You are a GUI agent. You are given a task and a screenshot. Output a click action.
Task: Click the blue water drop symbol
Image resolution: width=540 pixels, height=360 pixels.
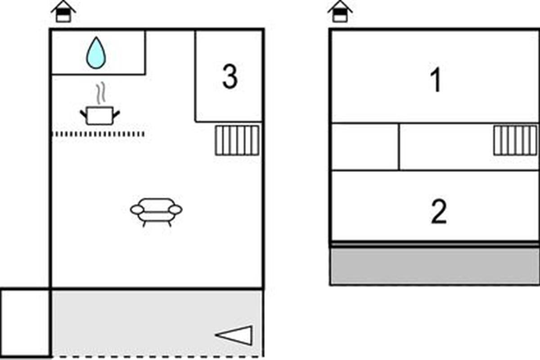coord(96,53)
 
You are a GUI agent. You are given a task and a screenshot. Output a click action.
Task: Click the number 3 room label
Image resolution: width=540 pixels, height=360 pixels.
coord(229,77)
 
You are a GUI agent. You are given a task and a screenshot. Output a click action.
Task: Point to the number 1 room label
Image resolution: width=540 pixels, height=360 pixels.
coord(436,81)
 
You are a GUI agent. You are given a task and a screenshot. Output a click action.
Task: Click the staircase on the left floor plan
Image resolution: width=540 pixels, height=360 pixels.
coord(237,140)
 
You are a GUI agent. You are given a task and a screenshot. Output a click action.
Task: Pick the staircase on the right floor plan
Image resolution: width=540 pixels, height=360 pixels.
coord(515,140)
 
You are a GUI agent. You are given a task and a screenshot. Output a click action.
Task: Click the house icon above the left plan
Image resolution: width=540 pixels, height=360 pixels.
coord(63,12)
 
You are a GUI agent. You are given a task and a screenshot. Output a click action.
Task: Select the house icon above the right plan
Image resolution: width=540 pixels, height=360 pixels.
coord(340,12)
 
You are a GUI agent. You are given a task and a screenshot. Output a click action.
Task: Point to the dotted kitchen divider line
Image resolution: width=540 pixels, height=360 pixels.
coord(99,134)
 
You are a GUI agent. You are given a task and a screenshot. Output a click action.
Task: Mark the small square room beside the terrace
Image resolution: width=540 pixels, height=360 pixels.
coord(25,323)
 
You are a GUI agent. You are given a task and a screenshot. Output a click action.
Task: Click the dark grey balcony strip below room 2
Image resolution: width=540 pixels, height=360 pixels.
coord(435,266)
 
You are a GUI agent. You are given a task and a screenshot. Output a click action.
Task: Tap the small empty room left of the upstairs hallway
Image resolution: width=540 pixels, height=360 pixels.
coord(364,147)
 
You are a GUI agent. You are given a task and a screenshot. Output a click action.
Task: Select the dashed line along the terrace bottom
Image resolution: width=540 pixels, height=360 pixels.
coord(157,357)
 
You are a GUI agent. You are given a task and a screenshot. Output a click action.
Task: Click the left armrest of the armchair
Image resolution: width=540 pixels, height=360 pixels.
coord(137,209)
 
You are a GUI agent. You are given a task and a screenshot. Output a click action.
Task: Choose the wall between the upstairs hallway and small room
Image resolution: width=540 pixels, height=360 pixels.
coord(399,147)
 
